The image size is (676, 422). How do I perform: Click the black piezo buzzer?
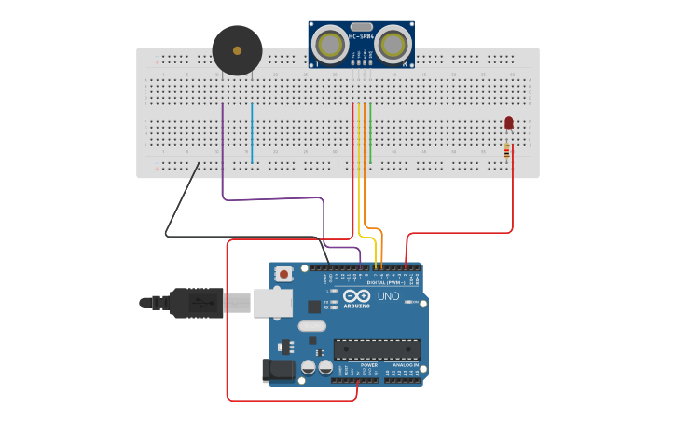pyautogui.click(x=237, y=50)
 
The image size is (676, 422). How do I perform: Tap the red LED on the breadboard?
pyautogui.click(x=508, y=123)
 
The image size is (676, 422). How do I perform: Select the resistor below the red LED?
pyautogui.click(x=507, y=151)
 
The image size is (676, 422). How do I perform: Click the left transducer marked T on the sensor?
pyautogui.click(x=328, y=44)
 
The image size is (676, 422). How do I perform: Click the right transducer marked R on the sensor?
pyautogui.click(x=393, y=44)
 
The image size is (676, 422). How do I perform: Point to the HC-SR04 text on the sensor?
pyautogui.click(x=361, y=37)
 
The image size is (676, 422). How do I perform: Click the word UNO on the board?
pyautogui.click(x=388, y=296)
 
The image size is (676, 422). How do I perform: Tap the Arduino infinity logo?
pyautogui.click(x=357, y=295)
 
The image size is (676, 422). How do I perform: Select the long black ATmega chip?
pyautogui.click(x=377, y=350)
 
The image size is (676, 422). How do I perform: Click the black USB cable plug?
pyautogui.click(x=196, y=303)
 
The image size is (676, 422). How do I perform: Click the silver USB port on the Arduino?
pyautogui.click(x=272, y=302)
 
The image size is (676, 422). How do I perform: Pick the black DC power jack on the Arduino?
pyautogui.click(x=279, y=371)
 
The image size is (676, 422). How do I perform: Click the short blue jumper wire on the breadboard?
pyautogui.click(x=252, y=133)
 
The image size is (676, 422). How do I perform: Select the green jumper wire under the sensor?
pyautogui.click(x=370, y=133)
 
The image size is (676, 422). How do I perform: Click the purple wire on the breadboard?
pyautogui.click(x=223, y=149)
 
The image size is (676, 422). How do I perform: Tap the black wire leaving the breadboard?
pyautogui.click(x=182, y=200)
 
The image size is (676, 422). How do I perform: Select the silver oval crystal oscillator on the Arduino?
pyautogui.click(x=312, y=327)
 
